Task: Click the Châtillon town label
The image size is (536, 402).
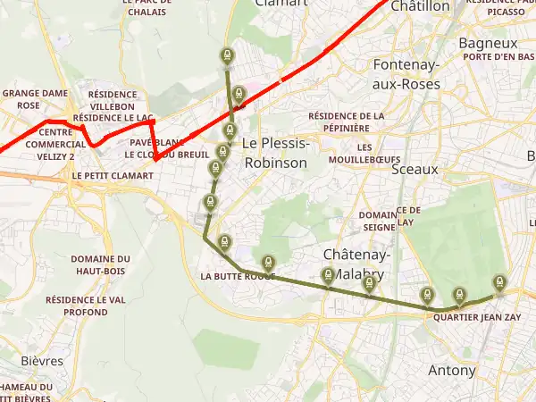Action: [x=420, y=6]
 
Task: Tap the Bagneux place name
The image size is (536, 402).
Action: [x=488, y=43]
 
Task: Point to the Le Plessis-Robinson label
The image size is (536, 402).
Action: [x=274, y=153]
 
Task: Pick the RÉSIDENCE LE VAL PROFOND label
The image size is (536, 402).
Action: [x=89, y=306]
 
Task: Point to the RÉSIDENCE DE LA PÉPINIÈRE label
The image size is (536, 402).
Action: [x=346, y=121]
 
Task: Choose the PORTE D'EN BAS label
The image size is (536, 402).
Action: [x=499, y=57]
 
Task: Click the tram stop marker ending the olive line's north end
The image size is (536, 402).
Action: [x=227, y=56]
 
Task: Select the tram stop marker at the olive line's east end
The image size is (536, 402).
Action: [x=499, y=283]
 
